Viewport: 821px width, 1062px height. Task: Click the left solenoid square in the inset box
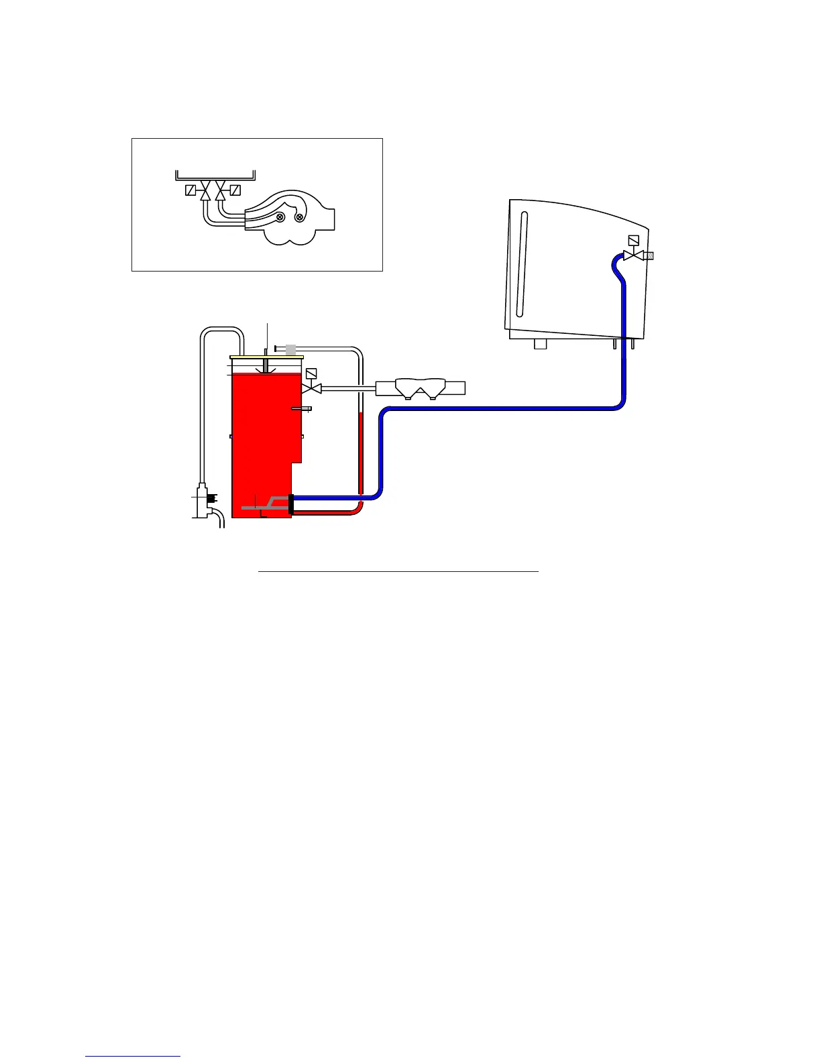[x=190, y=190]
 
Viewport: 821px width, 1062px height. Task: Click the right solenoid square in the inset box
[x=235, y=190]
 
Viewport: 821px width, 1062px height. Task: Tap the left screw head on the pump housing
[x=281, y=217]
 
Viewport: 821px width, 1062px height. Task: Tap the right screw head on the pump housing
[x=299, y=217]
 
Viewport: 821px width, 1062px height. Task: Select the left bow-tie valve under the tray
[x=205, y=190]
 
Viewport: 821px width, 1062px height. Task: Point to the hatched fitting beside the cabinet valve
[x=649, y=255]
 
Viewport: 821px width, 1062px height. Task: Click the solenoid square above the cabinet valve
[x=633, y=240]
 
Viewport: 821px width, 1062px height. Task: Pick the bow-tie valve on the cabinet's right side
[x=633, y=255]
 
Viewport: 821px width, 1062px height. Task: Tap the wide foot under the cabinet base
[x=540, y=345]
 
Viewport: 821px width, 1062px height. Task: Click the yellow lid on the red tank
[x=266, y=357]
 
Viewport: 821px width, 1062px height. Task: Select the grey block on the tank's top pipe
[x=290, y=349]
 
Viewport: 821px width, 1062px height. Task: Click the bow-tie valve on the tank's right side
[x=311, y=388]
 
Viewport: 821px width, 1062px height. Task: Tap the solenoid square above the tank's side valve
[x=311, y=373]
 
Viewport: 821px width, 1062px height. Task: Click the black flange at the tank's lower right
[x=291, y=504]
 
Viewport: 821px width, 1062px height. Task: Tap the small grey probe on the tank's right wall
[x=301, y=408]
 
